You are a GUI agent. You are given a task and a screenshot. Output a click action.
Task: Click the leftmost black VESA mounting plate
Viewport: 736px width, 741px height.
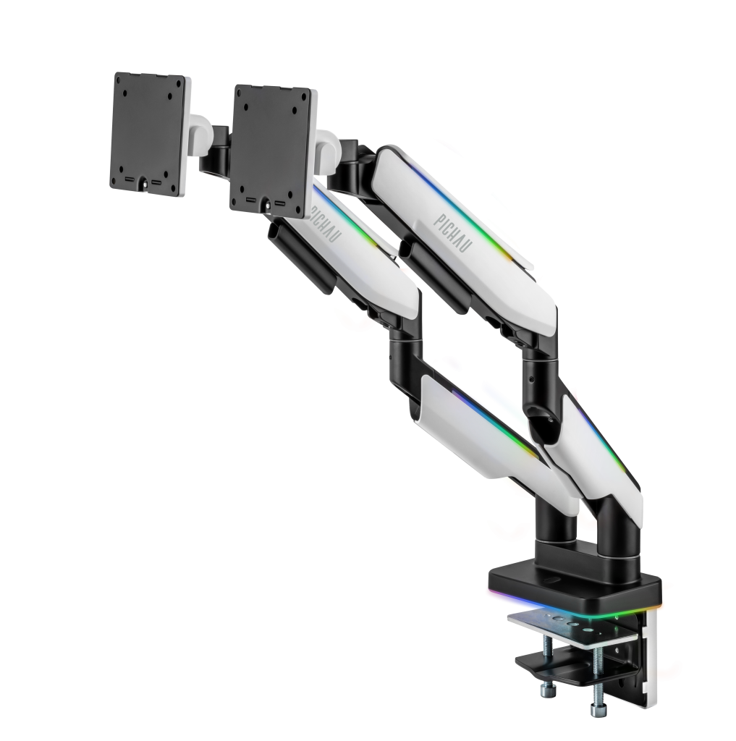[x=148, y=134]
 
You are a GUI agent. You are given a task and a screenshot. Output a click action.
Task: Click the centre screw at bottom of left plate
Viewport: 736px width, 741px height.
[x=145, y=185]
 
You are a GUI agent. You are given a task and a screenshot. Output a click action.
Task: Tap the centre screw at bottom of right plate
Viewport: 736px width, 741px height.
[x=268, y=206]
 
